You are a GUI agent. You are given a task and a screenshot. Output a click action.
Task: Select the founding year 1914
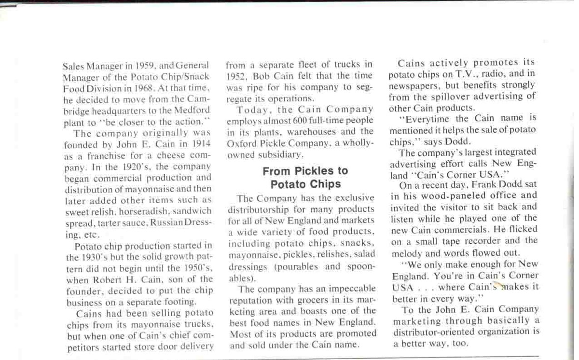pos(202,144)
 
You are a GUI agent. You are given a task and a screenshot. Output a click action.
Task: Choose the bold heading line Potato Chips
pos(305,184)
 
